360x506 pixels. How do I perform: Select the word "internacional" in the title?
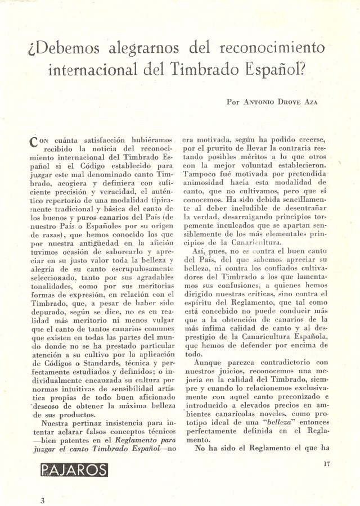(x=112, y=70)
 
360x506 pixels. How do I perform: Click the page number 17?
(x=327, y=463)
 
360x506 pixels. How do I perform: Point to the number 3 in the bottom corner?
(x=42, y=500)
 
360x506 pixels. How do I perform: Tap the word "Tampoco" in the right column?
(x=200, y=174)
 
